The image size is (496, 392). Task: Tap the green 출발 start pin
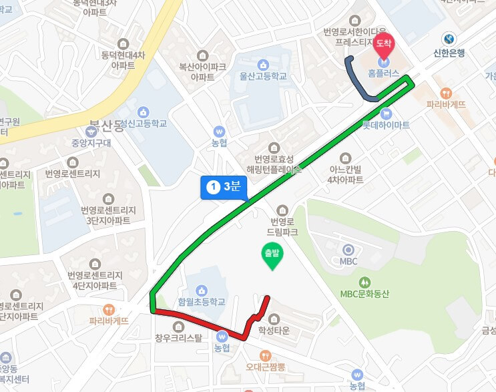[271, 256]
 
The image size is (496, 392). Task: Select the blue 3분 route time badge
[224, 187]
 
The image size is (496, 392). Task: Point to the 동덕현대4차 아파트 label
[123, 59]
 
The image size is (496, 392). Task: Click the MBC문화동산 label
[364, 294]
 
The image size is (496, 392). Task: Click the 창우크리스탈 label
[178, 337]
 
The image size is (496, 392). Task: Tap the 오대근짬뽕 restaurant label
[265, 367]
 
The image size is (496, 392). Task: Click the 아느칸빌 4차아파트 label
[345, 174]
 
